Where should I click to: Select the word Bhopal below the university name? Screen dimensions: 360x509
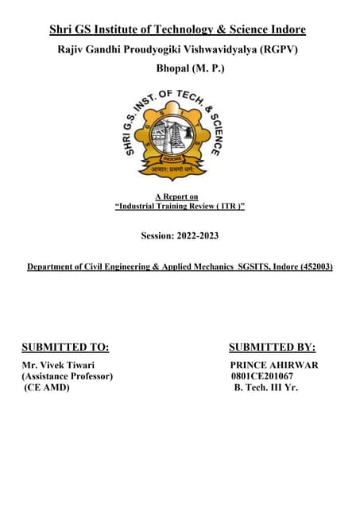176,69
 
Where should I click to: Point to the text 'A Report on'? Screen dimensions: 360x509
176,196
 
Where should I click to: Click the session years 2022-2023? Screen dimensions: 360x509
197,236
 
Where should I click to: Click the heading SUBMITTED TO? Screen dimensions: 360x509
65,347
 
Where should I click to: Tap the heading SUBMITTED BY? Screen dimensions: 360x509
272,347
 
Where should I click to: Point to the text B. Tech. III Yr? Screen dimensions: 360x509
266,387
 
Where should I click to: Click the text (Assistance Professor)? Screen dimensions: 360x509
68,376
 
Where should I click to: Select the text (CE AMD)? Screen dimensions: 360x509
45,387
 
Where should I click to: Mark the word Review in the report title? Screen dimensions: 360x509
197,207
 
